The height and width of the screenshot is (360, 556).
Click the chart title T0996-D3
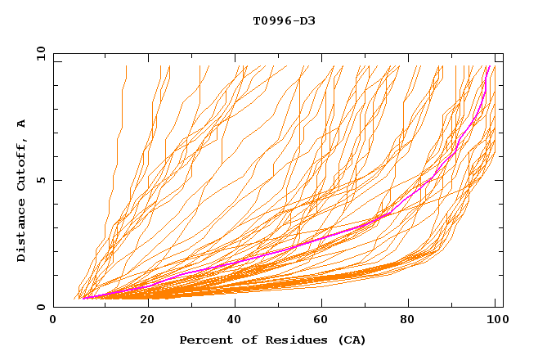tap(284, 21)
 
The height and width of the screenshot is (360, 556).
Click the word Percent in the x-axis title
tap(204, 340)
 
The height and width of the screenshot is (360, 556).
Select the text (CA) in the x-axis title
tap(352, 340)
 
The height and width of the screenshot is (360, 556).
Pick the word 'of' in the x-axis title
tap(244, 340)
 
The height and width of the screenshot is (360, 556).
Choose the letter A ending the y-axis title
tap(22, 124)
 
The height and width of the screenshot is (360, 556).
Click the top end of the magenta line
tap(489, 66)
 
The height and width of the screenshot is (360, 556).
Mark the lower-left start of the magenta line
tap(83, 298)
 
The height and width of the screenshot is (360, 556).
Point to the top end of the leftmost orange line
tap(127, 66)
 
